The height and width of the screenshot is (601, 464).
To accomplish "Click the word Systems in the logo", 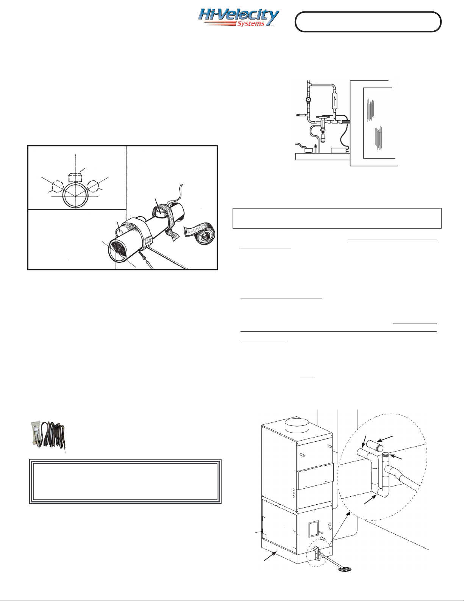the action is (x=250, y=24).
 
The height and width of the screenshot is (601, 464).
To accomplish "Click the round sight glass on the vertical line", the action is (x=308, y=100).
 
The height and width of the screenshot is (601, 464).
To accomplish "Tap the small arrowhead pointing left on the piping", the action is (x=297, y=115).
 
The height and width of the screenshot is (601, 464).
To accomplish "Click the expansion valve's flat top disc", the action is (x=325, y=117).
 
